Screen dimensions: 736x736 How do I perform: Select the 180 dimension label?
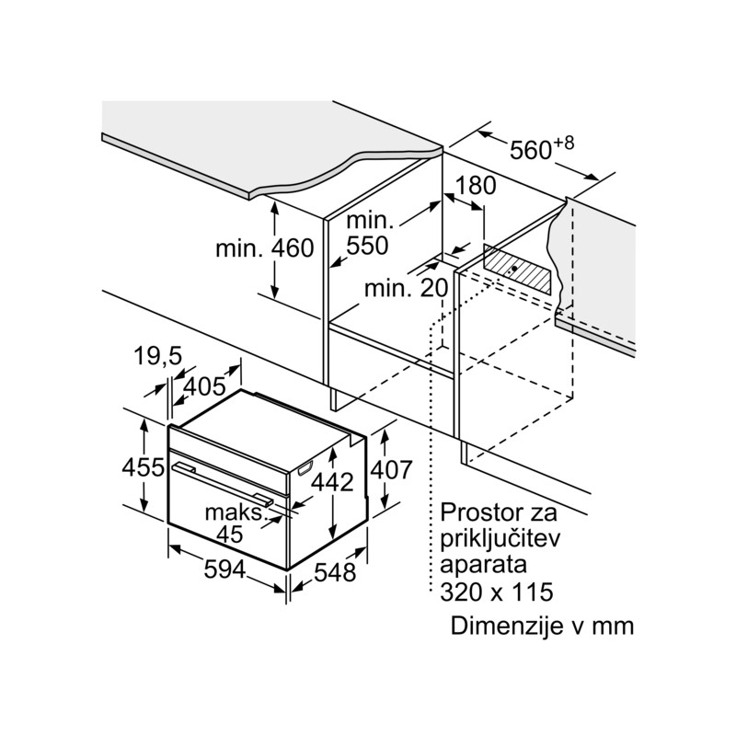tap(475, 185)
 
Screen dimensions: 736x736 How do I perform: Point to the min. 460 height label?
tap(265, 247)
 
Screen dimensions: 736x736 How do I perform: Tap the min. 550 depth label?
tap(368, 234)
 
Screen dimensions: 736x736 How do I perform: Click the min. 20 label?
tap(405, 288)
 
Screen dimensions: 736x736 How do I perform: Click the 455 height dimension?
tap(144, 466)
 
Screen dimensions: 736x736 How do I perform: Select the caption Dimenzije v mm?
tap(543, 627)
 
